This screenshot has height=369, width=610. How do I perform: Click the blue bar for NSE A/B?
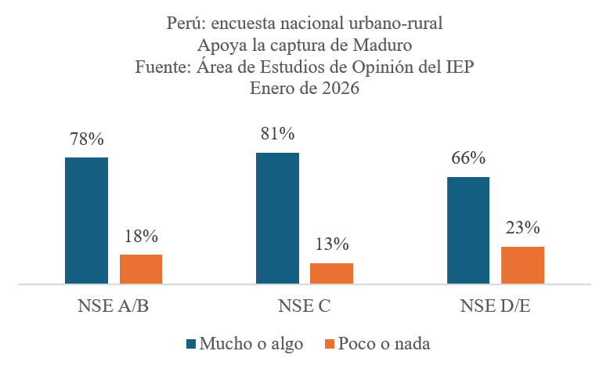(86, 220)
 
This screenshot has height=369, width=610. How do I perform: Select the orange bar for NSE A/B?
(141, 269)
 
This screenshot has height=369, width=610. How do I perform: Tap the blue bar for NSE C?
(277, 218)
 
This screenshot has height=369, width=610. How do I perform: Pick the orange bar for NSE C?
(332, 273)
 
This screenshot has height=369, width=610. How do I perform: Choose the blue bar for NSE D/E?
(468, 230)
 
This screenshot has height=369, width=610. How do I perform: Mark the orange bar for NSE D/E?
(523, 265)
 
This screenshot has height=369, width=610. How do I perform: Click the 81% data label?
(277, 134)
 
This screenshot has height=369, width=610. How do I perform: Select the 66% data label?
(468, 158)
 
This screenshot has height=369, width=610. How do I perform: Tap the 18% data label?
(141, 236)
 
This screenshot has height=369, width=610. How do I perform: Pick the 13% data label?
(332, 244)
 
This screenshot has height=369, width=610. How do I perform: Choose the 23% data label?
(523, 228)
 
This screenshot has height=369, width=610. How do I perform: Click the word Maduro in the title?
(383, 45)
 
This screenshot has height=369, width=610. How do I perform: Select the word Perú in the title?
(186, 24)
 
